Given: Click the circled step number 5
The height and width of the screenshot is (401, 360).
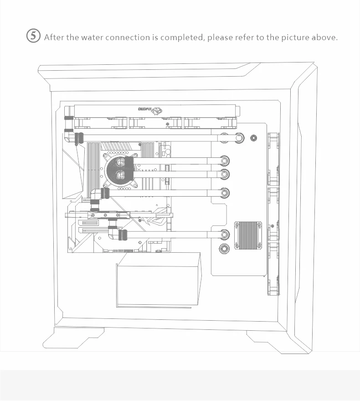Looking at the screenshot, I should (33, 36).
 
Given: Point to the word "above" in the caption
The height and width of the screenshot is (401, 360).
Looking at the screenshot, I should (324, 37).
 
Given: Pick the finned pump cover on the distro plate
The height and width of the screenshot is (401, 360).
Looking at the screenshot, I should (248, 235).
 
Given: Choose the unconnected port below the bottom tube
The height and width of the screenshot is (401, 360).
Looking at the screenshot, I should (224, 249).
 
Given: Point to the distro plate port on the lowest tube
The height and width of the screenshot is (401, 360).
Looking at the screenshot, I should (224, 235).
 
